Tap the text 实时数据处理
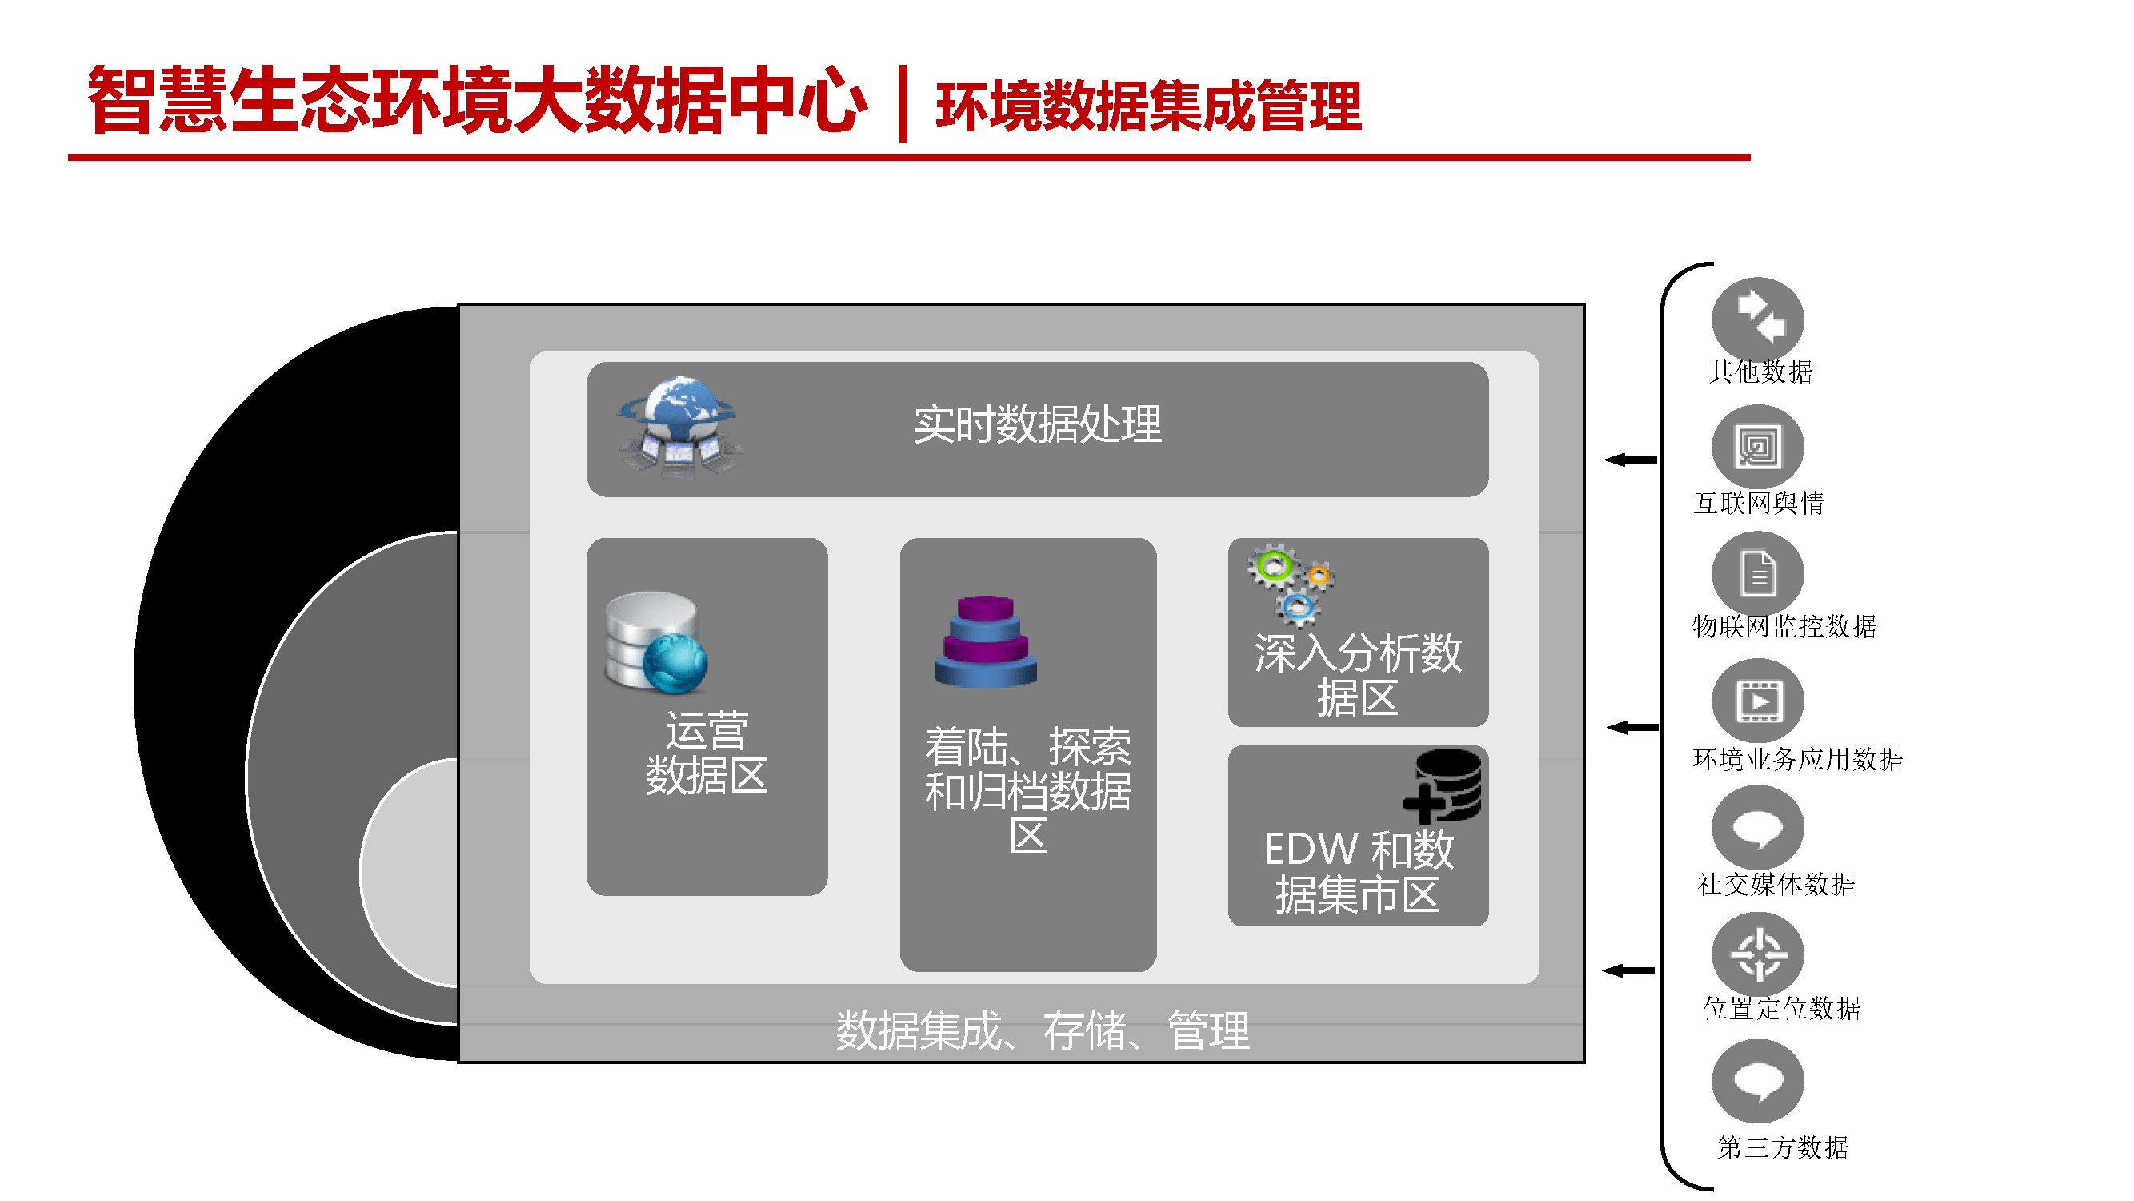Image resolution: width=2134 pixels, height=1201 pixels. pos(1037,425)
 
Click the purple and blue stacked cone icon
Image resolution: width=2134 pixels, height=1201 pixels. pos(985,641)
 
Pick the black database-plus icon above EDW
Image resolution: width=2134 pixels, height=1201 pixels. pos(1443,786)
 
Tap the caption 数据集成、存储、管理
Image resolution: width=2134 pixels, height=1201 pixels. pos(1042,1030)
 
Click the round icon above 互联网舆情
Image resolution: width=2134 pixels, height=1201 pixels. pos(1757,448)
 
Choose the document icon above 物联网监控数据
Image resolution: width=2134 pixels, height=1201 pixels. pos(1757,573)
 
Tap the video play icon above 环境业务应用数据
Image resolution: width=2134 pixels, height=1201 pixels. pos(1757,701)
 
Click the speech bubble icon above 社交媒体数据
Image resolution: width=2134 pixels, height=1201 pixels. pos(1757,828)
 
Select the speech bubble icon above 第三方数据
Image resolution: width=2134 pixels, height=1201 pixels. pos(1757,1082)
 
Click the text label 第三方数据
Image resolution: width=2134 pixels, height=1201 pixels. pos(1782,1147)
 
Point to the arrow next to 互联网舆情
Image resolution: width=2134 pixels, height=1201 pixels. pos(1631,460)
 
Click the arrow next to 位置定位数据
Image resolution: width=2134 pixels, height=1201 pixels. pos(1628,970)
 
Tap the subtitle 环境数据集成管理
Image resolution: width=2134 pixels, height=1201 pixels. pos(1148,106)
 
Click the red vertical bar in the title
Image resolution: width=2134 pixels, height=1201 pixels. pos(902,103)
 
